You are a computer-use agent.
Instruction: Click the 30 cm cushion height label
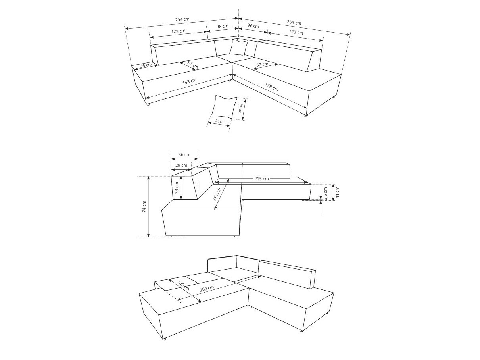coord(240,109)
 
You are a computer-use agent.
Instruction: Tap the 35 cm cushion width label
coord(219,121)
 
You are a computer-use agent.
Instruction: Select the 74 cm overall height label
coord(144,206)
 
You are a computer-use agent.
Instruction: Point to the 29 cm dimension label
coord(181,165)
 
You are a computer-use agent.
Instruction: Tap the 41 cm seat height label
coord(338,192)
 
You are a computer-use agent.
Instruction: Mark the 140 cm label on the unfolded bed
coord(183,286)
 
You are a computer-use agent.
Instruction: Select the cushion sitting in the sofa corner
coord(239,48)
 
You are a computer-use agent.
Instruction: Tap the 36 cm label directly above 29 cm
coord(184,154)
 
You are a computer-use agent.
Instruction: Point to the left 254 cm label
coord(182,19)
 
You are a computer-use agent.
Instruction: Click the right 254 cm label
coord(294,22)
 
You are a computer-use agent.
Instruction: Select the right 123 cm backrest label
coord(296,32)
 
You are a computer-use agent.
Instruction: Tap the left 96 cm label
coord(222,26)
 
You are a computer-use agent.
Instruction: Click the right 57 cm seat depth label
coord(262,64)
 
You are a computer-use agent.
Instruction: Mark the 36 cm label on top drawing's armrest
coord(146,65)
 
